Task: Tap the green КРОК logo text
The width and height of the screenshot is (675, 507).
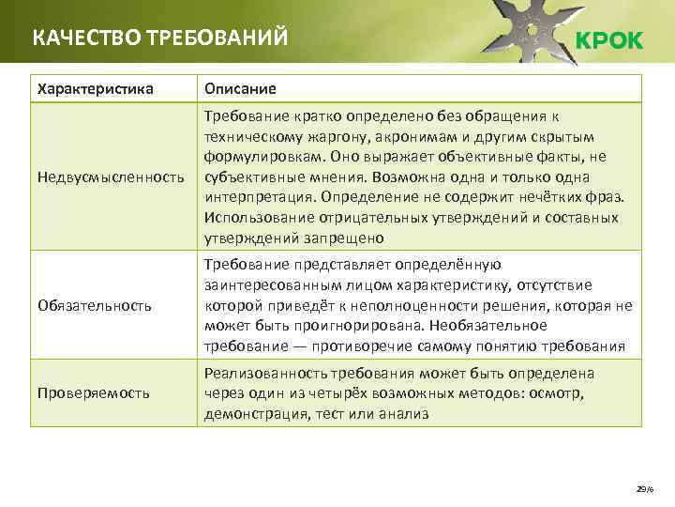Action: pyautogui.click(x=608, y=40)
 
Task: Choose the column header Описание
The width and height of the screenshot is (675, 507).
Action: pyautogui.click(x=241, y=89)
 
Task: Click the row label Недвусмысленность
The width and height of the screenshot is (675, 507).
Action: pyautogui.click(x=110, y=177)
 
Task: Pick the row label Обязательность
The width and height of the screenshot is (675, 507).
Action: pyautogui.click(x=94, y=305)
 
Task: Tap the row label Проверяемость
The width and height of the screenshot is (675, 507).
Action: pyautogui.click(x=93, y=392)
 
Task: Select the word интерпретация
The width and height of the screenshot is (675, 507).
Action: pyautogui.click(x=257, y=196)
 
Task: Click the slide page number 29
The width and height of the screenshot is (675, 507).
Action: pyautogui.click(x=641, y=488)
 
